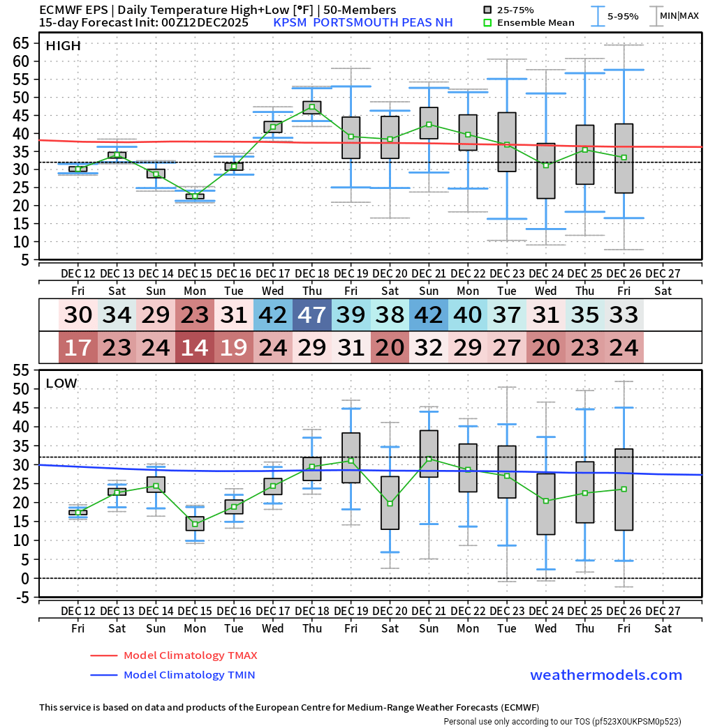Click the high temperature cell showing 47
tap(312, 315)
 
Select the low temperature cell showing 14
tap(195, 347)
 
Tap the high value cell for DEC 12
tap(78, 315)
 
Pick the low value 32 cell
tap(429, 347)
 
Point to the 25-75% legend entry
tap(515, 10)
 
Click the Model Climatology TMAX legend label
tap(190, 655)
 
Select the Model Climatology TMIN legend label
tap(189, 675)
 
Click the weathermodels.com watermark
tap(605, 675)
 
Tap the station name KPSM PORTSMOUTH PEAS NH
tap(362, 22)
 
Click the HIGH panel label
tap(63, 46)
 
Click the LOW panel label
tap(61, 383)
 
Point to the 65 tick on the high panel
tap(20, 43)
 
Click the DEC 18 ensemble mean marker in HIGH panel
tap(312, 107)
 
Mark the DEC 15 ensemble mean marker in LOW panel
tap(195, 524)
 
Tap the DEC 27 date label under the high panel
tap(663, 272)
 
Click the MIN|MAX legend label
tap(679, 15)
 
